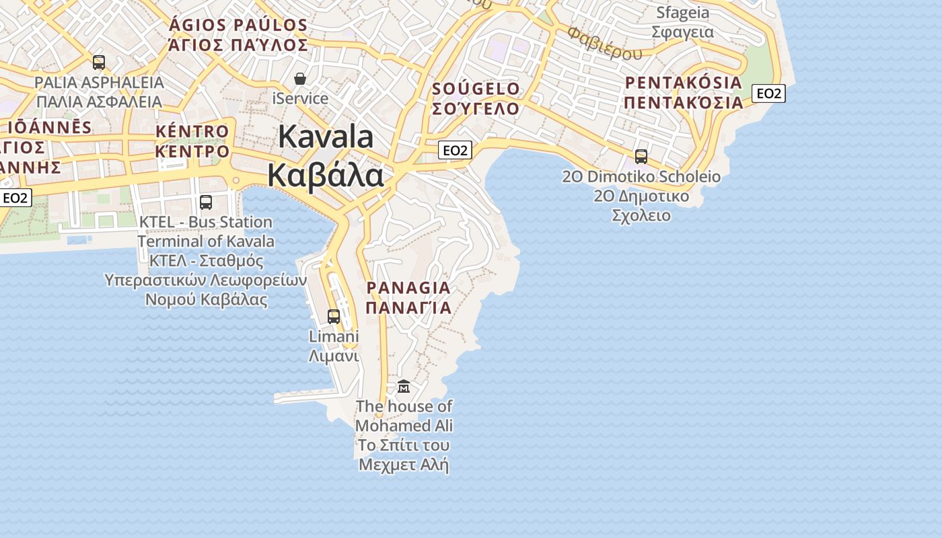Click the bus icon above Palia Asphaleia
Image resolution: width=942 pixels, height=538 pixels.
(x=99, y=63)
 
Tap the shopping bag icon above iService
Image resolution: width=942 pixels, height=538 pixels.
(x=299, y=79)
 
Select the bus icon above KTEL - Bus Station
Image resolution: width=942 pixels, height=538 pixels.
(x=206, y=202)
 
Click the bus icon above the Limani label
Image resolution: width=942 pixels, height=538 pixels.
(x=333, y=316)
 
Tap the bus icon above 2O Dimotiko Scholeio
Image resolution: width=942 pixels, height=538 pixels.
(x=641, y=157)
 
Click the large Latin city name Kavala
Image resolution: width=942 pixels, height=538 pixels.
(x=326, y=137)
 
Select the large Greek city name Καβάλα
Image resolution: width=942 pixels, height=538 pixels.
(x=326, y=175)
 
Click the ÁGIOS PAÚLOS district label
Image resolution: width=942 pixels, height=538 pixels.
(x=238, y=26)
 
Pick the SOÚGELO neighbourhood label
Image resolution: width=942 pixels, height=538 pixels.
(x=476, y=89)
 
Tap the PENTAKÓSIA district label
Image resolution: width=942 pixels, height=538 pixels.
(x=684, y=83)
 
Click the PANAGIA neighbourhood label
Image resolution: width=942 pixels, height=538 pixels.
(x=408, y=288)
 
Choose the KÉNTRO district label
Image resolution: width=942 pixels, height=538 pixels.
(x=192, y=131)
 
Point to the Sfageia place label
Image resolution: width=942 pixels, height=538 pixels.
(x=682, y=13)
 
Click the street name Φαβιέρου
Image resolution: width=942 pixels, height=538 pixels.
(x=604, y=44)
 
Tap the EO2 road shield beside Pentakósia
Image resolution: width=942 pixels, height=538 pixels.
(x=768, y=93)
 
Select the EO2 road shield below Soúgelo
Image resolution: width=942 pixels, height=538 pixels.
(x=454, y=150)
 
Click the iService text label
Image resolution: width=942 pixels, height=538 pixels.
(x=300, y=99)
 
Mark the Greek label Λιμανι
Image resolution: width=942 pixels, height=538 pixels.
(x=334, y=356)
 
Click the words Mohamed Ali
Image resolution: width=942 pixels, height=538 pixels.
(x=404, y=426)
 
